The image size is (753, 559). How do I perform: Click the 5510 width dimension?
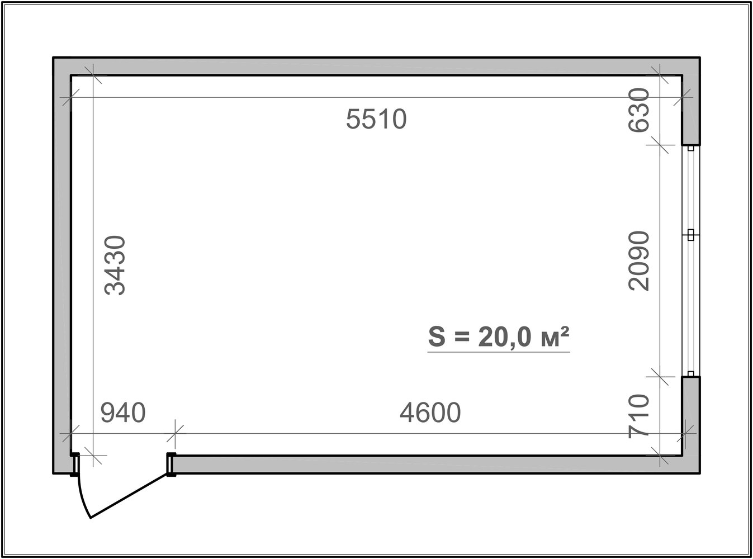coord(376,119)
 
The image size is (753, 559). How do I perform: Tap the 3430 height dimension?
coord(115,265)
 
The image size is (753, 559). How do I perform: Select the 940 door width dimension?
coord(123,413)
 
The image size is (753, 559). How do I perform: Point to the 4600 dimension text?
coord(430,413)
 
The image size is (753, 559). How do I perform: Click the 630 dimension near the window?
coord(638,110)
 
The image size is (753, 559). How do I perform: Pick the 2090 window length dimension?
coord(638,261)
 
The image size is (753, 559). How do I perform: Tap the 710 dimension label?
coord(638,416)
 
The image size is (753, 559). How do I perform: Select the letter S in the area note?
coord(437,337)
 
